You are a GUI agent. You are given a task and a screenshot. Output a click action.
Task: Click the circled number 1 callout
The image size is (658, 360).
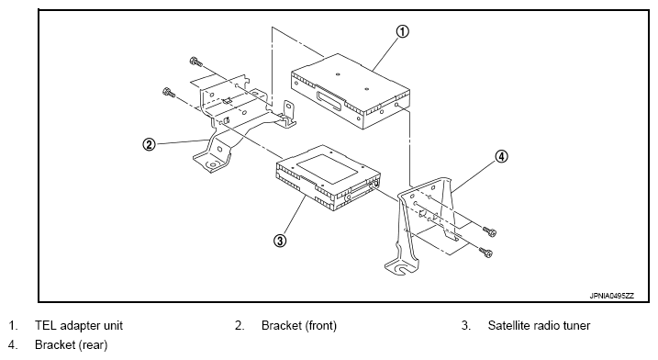point(402,31)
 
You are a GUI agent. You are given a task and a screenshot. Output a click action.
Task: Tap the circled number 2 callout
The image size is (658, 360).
point(149,144)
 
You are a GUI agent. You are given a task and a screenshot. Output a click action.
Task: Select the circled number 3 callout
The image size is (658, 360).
point(280,241)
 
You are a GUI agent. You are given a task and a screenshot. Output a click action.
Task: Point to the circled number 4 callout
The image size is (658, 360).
point(501,157)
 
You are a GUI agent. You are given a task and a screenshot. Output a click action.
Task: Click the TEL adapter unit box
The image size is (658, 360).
point(351,90)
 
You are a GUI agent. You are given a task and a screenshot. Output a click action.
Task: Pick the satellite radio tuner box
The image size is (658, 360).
point(329,177)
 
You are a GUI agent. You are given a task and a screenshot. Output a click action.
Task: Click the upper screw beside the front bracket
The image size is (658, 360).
point(196,62)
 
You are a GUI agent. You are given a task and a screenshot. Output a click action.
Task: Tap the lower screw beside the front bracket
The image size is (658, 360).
point(169,92)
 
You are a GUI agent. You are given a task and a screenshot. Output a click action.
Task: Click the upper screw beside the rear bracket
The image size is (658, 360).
point(489,231)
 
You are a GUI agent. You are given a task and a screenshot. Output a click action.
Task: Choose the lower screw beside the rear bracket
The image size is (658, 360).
point(486,252)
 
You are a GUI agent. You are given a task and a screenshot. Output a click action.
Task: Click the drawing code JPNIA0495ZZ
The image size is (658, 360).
point(612,296)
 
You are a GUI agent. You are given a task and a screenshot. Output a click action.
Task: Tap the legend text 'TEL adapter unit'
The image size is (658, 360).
point(79,325)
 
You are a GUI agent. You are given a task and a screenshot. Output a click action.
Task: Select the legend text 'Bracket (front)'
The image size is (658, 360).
point(299,325)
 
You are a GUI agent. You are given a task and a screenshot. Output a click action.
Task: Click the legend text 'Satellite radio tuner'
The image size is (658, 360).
point(539,325)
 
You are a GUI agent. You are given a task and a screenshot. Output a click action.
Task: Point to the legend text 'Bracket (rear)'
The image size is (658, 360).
point(72,345)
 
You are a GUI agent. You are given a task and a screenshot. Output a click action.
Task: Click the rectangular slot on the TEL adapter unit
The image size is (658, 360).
point(329,101)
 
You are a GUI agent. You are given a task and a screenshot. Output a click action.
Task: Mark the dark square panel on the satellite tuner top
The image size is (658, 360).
point(328,168)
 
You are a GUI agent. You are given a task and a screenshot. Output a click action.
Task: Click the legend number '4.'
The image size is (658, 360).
point(13,345)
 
